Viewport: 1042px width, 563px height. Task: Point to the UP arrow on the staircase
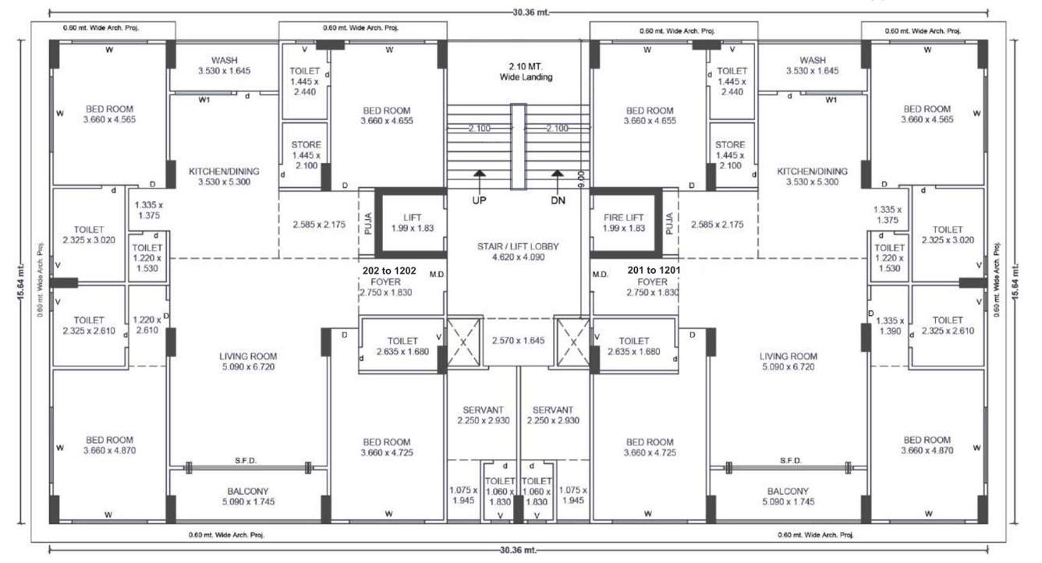[480, 175]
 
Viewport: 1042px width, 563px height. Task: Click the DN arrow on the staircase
[557, 175]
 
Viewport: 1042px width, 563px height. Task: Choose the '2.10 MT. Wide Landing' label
[526, 72]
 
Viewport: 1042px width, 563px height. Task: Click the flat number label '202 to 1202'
[390, 270]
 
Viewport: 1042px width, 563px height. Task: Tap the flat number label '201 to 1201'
[654, 270]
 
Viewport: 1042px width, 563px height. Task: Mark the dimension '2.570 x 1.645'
[519, 341]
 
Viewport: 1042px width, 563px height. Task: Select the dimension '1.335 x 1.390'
[889, 327]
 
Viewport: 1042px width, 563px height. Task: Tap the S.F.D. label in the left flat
[246, 461]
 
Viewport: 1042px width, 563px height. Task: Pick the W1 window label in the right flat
[831, 100]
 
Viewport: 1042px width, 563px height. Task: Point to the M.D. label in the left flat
[438, 274]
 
